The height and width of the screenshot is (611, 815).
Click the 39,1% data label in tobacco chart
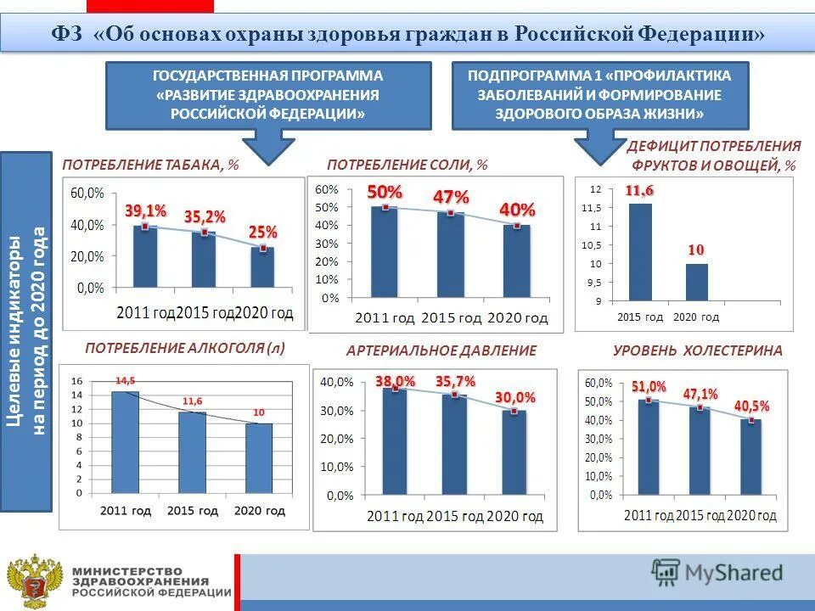pos(146,210)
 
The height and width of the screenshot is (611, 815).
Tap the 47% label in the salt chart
pos(451,196)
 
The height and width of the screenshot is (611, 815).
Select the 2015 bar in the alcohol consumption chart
pos(192,452)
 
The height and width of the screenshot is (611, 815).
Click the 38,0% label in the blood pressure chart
pos(396,382)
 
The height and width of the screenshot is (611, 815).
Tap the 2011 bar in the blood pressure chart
pos(395,441)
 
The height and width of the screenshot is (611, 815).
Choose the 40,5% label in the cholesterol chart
pos(752,406)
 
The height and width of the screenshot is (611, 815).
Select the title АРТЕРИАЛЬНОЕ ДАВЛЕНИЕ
pos(441,350)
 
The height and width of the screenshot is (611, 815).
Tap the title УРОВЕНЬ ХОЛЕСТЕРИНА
pos(697,350)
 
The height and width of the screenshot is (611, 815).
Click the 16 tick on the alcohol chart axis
pos(76,381)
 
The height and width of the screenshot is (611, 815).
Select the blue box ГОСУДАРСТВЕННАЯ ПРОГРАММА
pos(267,95)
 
